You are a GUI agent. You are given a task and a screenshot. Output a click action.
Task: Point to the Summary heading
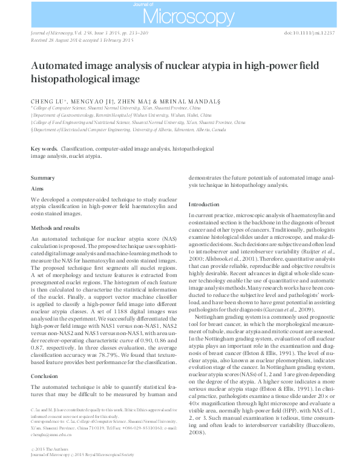click(43, 177)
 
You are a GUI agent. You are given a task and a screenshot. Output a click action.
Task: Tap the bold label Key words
click(44, 148)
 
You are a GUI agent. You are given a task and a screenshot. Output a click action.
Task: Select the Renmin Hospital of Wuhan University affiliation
click(122, 114)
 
